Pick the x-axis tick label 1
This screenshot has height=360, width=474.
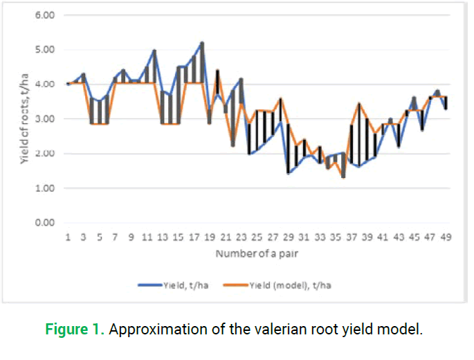pyautogui.click(x=68, y=237)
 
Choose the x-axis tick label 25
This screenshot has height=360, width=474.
pyautogui.click(x=257, y=237)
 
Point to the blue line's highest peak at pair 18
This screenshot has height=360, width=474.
pyautogui.click(x=202, y=42)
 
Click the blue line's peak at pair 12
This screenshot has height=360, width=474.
pyautogui.click(x=154, y=50)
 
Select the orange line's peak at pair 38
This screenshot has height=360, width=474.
pyautogui.click(x=359, y=103)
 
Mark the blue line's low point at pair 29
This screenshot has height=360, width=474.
pyautogui.click(x=289, y=173)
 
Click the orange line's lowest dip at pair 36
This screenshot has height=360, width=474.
pyautogui.click(x=343, y=177)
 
